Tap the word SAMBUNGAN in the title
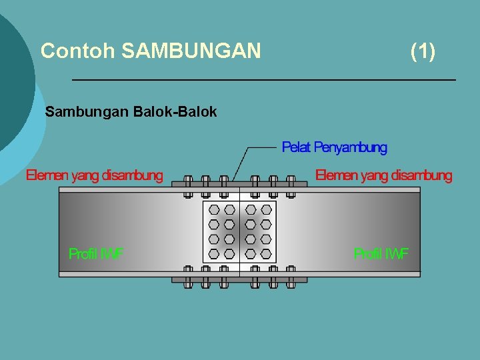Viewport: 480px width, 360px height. (191, 51)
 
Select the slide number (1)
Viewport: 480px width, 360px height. (423, 51)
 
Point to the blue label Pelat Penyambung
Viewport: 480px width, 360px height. (334, 147)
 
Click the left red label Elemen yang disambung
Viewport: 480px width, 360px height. (94, 176)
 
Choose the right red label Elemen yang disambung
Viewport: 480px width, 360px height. (383, 176)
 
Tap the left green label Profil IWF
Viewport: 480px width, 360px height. (96, 253)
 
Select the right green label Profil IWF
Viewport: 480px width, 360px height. (381, 253)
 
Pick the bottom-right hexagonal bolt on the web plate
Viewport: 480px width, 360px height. (266, 253)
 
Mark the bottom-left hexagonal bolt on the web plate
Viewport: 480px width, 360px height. (214, 253)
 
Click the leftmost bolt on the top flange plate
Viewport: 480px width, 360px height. (188, 185)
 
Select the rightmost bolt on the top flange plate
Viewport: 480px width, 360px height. (291, 185)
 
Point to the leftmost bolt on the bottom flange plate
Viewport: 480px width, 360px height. (188, 277)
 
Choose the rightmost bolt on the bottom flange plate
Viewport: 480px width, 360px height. (291, 277)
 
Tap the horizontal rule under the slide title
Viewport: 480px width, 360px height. (263, 80)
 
